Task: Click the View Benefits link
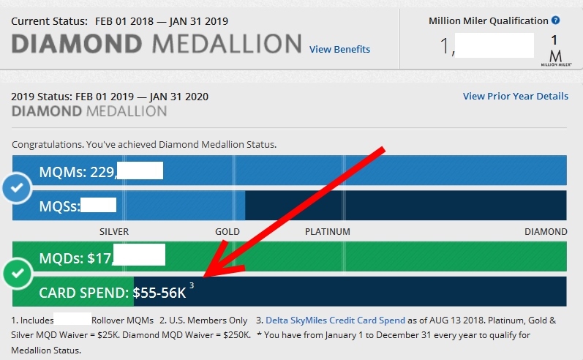(x=339, y=50)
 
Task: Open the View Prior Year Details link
(x=515, y=97)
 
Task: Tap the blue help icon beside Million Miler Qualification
(x=555, y=20)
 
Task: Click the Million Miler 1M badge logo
(x=554, y=50)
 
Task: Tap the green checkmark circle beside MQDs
(x=15, y=275)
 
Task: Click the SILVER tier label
(x=114, y=232)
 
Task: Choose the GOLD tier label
(x=227, y=232)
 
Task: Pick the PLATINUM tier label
(x=328, y=232)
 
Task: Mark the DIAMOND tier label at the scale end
(x=546, y=232)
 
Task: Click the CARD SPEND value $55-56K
(x=159, y=293)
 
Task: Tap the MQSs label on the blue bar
(x=59, y=206)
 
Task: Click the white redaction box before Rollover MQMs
(x=72, y=320)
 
